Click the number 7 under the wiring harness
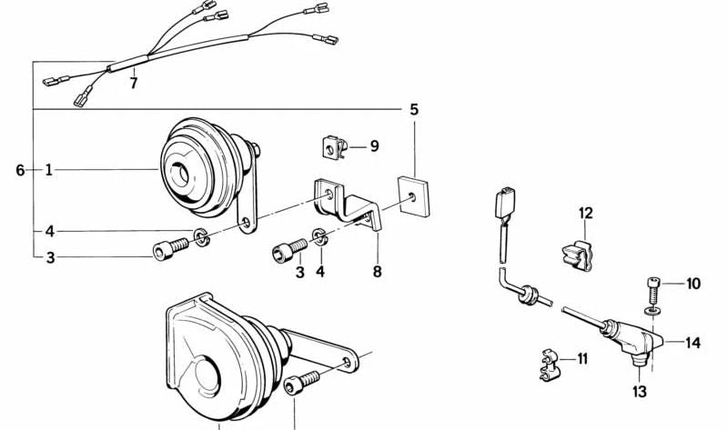coord(134,84)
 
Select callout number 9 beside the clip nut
coord(373,145)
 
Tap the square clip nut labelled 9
coord(332,145)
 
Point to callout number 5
coord(414,110)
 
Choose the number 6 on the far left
coord(19,170)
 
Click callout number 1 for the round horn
coord(49,170)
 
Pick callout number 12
coord(585,214)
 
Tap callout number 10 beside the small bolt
coord(693,284)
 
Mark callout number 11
coord(581,359)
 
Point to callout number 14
coord(693,344)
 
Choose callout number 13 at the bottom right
coord(640,392)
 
